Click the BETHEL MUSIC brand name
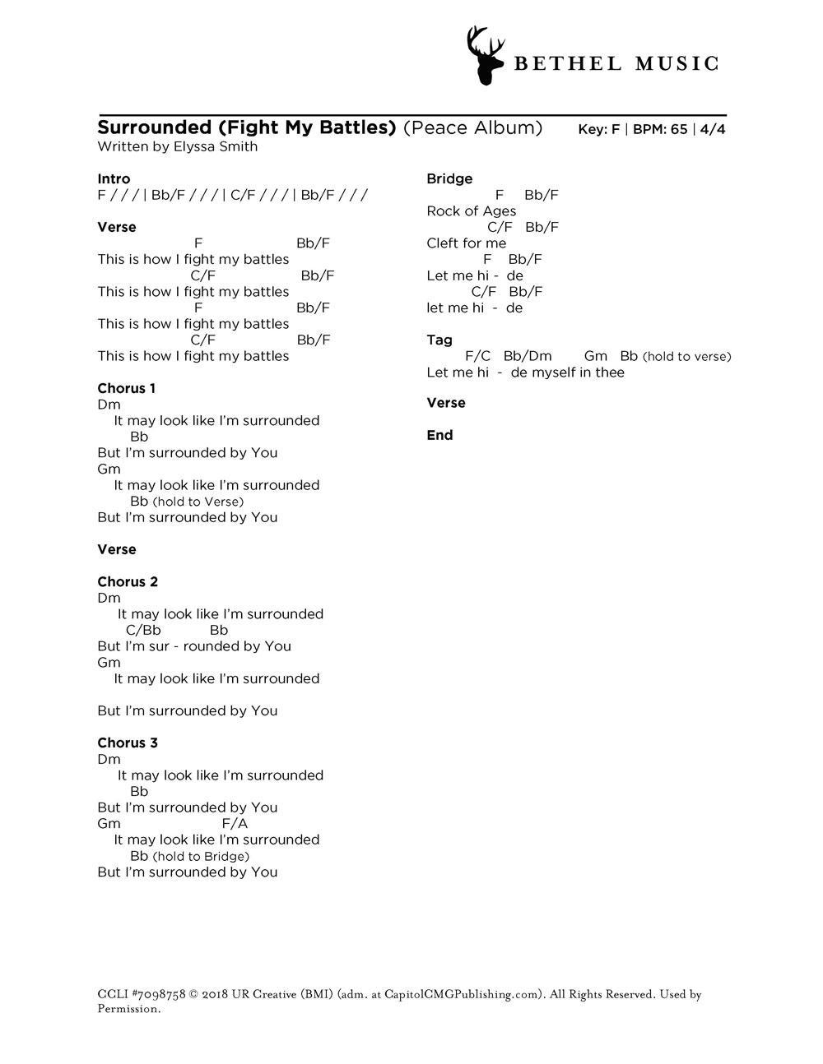click(x=616, y=64)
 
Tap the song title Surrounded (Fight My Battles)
click(x=247, y=127)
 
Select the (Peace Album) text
click(x=472, y=127)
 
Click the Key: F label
click(x=598, y=129)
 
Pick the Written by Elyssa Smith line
click(x=177, y=146)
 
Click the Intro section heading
click(x=114, y=178)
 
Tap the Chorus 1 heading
click(x=126, y=388)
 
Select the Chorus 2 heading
click(x=127, y=581)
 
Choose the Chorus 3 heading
click(x=127, y=742)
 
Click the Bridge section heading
click(x=449, y=178)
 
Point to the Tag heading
click(x=439, y=340)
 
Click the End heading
click(x=439, y=435)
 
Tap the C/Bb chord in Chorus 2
click(x=143, y=630)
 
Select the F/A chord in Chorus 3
click(x=235, y=823)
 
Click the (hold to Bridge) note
click(x=201, y=856)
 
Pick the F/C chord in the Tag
click(x=477, y=356)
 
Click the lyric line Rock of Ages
click(x=471, y=210)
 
